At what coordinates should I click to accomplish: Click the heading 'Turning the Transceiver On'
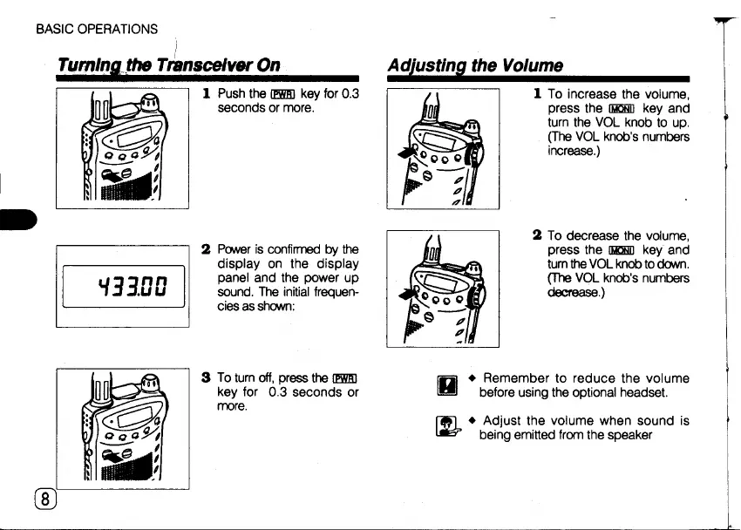[x=167, y=65]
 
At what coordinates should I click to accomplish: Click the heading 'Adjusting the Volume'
[x=476, y=65]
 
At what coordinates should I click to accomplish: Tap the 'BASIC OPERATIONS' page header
[x=97, y=29]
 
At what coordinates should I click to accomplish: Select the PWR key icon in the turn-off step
[x=346, y=377]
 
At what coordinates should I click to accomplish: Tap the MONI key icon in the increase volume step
[x=599, y=109]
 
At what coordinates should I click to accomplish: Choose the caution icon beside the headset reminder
[x=452, y=384]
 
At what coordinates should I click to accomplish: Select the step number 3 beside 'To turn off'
[x=205, y=377]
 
